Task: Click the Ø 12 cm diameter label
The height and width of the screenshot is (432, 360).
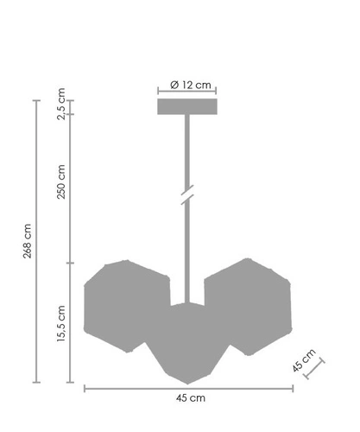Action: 186,85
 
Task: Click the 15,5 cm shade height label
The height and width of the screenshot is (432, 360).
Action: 60,324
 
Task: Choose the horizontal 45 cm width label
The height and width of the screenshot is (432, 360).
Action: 188,398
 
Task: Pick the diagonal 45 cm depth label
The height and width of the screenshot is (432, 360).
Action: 305,359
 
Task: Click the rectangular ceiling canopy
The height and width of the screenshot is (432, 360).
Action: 186,106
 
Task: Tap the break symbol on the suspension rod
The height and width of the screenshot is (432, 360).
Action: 186,195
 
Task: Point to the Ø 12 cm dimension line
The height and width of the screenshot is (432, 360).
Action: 186,92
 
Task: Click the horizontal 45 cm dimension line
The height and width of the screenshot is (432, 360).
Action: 188,388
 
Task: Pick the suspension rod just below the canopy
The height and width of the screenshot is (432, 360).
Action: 186,138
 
